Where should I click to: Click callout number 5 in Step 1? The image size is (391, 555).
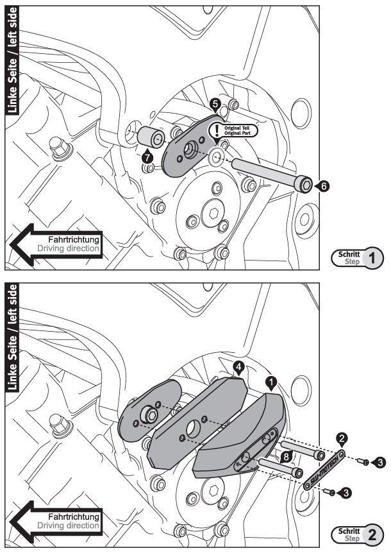click(215, 103)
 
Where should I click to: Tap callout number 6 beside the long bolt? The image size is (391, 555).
click(324, 185)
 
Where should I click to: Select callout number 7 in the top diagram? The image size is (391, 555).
click(148, 156)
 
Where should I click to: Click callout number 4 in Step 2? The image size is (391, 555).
click(238, 368)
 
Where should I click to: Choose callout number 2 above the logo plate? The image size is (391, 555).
click(342, 439)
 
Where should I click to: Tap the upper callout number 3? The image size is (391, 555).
click(381, 462)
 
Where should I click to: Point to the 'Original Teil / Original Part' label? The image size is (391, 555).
click(241, 130)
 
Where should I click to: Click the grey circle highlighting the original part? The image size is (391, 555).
click(216, 157)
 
